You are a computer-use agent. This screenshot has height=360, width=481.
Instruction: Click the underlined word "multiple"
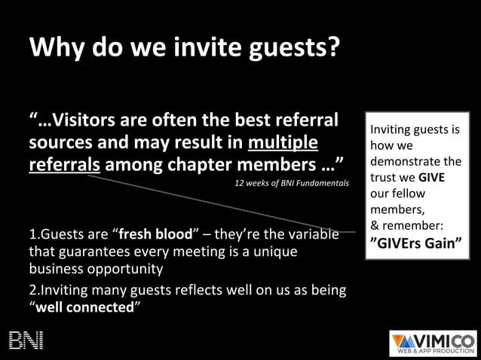point(283,142)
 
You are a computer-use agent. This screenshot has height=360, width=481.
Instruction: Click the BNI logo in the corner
point(26,340)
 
